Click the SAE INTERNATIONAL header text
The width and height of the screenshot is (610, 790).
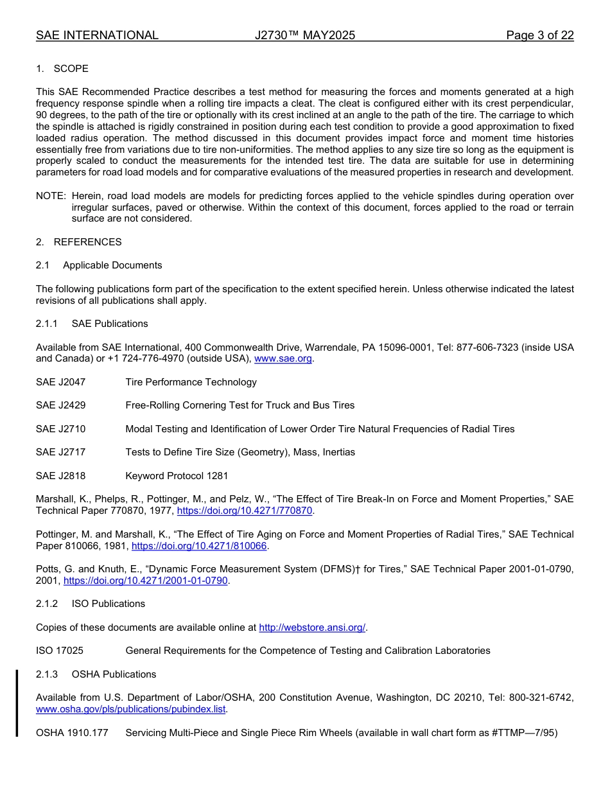point(97,35)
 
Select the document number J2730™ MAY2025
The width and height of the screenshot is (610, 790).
point(304,35)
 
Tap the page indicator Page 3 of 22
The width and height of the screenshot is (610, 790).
point(539,35)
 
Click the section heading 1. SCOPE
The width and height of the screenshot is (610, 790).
point(62,69)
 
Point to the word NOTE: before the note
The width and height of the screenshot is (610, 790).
point(51,195)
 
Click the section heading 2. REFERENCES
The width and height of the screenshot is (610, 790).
point(78,242)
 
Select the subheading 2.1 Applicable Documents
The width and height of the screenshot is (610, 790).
point(99,265)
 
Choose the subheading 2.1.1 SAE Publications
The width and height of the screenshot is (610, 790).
point(92,324)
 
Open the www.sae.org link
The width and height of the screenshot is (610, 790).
point(283,359)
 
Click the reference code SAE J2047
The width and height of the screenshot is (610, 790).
point(60,382)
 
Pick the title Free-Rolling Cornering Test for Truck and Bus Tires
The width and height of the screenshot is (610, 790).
point(240,405)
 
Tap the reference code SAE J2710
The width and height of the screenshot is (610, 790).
point(60,429)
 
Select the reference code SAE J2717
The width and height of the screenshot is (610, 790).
point(60,452)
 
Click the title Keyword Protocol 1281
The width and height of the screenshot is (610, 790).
point(177,476)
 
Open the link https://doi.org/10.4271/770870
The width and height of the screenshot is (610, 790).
point(244,511)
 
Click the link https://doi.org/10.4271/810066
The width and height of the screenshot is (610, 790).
point(199,546)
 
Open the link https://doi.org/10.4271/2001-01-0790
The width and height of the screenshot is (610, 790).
point(146,581)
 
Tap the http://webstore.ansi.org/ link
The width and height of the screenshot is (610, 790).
point(311,628)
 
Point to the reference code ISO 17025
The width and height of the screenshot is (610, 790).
point(60,651)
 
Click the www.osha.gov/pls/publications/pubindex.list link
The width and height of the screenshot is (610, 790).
point(131,710)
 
